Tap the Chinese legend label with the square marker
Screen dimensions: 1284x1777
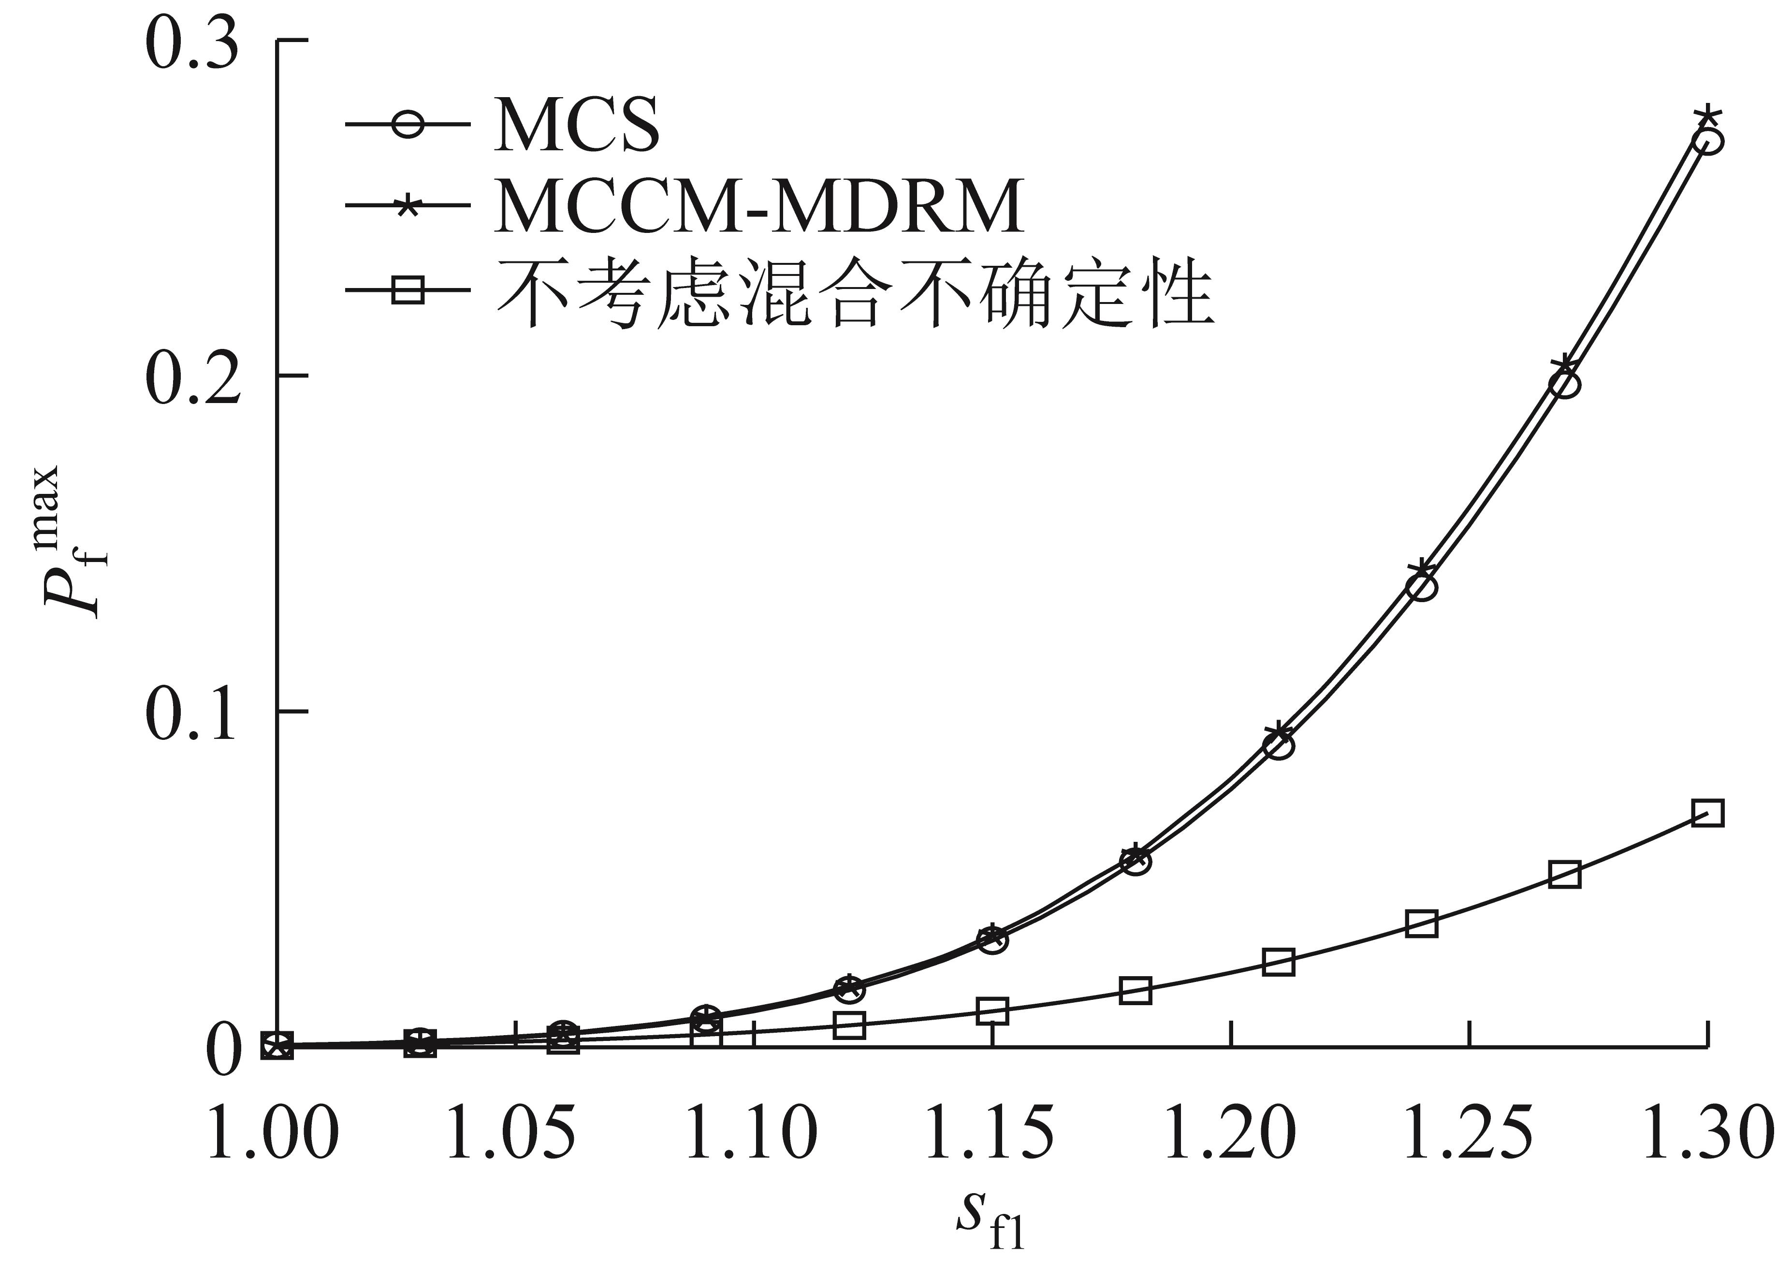click(854, 294)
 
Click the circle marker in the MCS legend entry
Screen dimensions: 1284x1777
click(408, 124)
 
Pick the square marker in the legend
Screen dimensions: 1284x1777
click(408, 290)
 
